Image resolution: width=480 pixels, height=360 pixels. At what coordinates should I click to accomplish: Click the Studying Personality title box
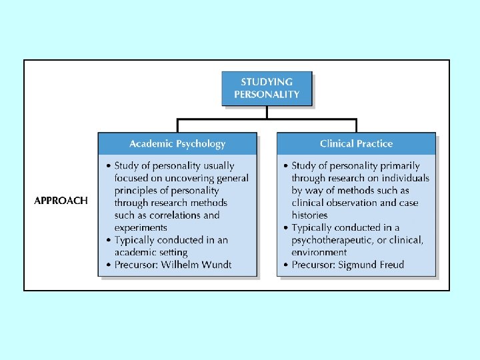click(267, 89)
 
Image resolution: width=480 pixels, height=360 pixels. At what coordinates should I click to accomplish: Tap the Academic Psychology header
click(177, 143)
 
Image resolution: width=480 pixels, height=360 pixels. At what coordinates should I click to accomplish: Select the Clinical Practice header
click(356, 143)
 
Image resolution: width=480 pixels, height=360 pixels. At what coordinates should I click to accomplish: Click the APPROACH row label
click(61, 201)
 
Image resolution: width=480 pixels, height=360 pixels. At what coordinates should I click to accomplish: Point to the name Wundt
click(216, 265)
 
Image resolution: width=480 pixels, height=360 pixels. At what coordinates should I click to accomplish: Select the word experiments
click(141, 228)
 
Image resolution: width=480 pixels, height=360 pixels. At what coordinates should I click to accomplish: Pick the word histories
click(310, 215)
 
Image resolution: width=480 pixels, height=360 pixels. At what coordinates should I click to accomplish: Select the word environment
click(319, 253)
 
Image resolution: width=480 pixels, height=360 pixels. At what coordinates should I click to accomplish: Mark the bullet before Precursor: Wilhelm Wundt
click(108, 265)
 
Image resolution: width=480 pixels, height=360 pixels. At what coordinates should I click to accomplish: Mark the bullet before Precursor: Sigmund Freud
click(285, 265)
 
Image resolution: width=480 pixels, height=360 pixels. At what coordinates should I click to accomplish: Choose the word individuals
click(405, 178)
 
